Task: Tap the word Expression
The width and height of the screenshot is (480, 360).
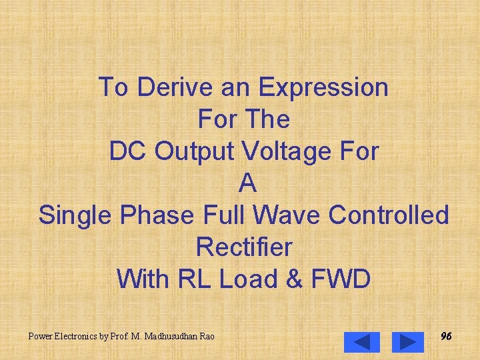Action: point(323,87)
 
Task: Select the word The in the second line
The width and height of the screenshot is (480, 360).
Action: point(267,119)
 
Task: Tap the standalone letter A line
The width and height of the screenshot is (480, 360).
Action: point(247,183)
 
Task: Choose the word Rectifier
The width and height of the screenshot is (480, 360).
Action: point(244,247)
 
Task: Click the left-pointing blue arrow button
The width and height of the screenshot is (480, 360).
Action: point(362,341)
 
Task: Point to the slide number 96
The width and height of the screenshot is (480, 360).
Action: point(446,337)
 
